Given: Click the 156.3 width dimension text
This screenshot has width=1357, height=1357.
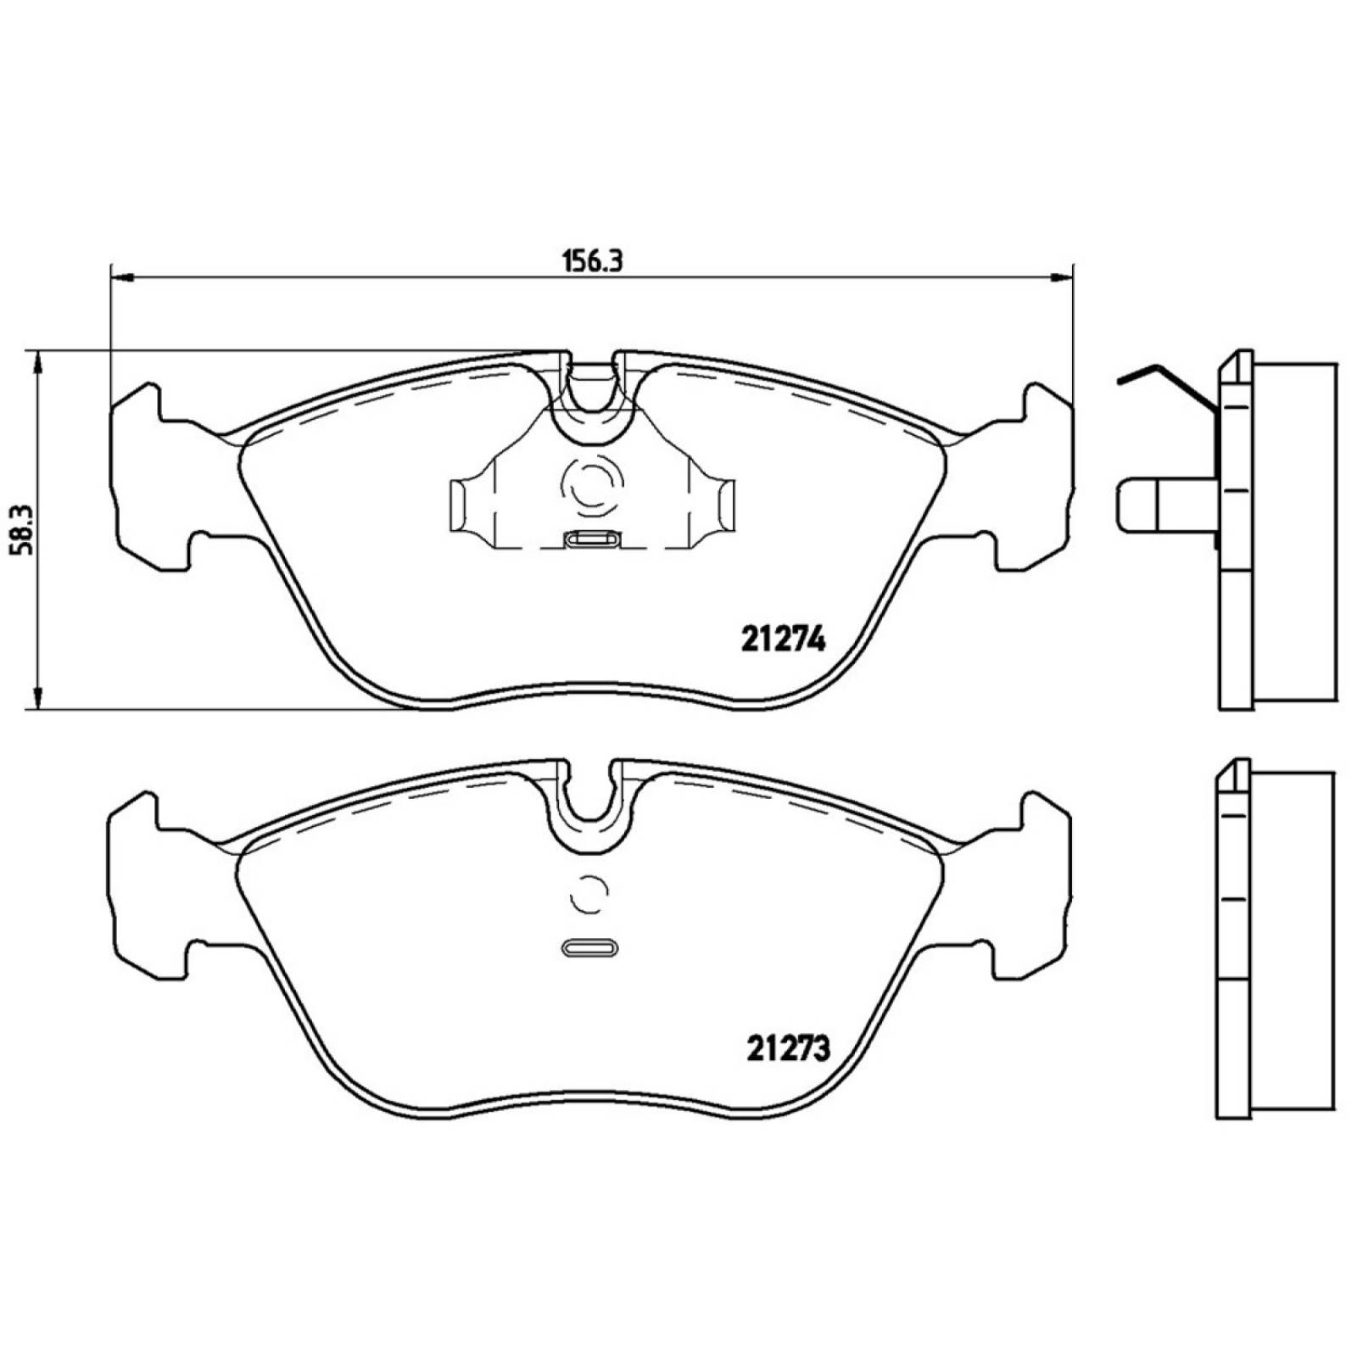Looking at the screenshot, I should point(591,260).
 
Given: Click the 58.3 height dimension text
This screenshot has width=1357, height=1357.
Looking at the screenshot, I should point(20,529).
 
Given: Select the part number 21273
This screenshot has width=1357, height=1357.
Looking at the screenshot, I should point(788,1049).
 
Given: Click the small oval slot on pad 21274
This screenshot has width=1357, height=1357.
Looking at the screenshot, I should point(592,539).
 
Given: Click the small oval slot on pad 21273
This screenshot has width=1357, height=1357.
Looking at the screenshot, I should point(591,948).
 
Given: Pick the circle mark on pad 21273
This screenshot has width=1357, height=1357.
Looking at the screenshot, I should point(590,894).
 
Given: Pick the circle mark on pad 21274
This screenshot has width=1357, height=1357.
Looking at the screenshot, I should point(591,486).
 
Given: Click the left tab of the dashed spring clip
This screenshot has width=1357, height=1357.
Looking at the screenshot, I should point(459,505).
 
